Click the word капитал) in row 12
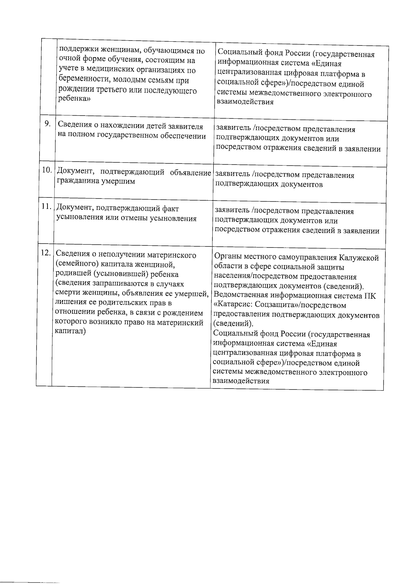point(70,331)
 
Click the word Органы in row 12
point(226,257)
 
